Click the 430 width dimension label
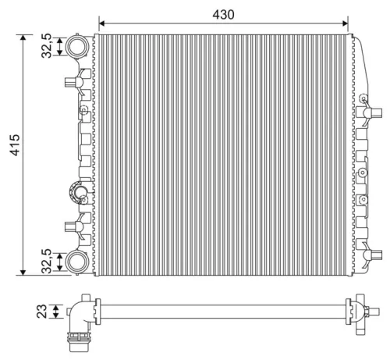pos(223,14)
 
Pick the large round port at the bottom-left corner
pos(76,261)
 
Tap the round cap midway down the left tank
pos(80,190)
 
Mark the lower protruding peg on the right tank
pos(370,253)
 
